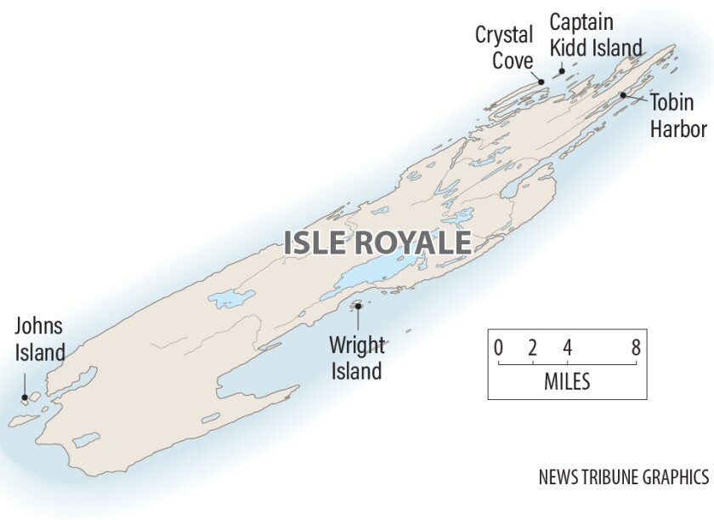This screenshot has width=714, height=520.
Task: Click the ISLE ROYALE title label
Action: (x=377, y=243)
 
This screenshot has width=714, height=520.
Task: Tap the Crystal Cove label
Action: (x=504, y=48)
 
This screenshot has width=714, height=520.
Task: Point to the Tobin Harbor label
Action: (x=679, y=116)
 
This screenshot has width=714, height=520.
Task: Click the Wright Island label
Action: (x=357, y=358)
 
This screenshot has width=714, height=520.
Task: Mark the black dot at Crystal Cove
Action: (x=541, y=81)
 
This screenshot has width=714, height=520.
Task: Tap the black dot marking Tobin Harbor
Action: (x=623, y=94)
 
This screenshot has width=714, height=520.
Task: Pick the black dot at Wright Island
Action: (x=358, y=306)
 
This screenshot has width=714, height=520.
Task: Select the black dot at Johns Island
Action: (x=25, y=397)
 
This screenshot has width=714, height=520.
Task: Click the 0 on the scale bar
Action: (x=498, y=347)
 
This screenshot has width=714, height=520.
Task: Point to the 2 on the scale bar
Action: (x=532, y=347)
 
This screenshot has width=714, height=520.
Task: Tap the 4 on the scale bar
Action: (x=567, y=347)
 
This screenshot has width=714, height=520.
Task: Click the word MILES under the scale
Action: (x=567, y=381)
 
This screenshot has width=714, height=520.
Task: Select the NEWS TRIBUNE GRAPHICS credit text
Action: (x=623, y=477)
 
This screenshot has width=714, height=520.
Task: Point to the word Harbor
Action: (x=679, y=129)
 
